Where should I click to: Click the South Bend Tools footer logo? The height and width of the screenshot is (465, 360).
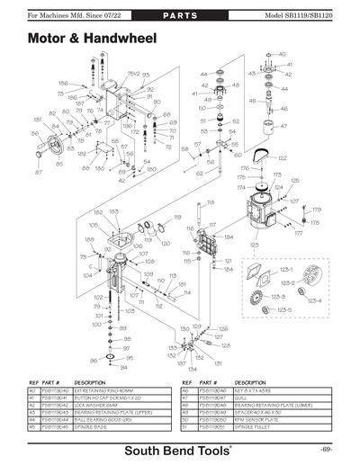(180, 447)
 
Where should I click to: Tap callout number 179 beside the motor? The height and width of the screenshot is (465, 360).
(315, 210)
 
